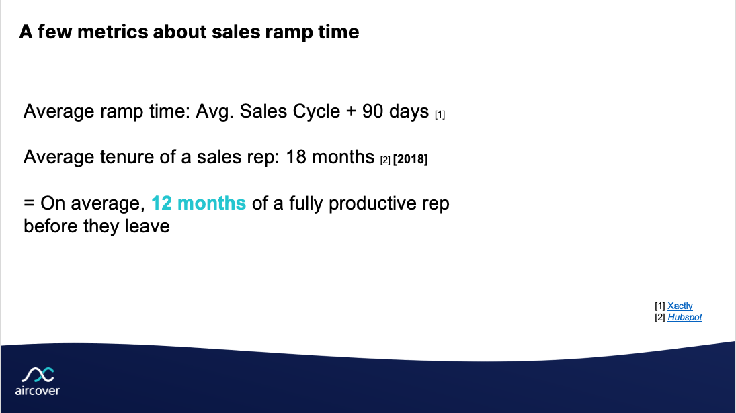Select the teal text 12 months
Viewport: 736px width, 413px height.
click(199, 203)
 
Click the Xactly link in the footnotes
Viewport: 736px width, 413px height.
click(680, 306)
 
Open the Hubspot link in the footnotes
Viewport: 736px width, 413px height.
click(684, 317)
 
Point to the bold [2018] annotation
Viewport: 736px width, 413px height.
click(410, 160)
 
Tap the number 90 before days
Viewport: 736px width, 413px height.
click(373, 111)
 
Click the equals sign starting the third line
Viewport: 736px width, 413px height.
click(30, 203)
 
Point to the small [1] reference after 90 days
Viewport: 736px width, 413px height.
click(440, 115)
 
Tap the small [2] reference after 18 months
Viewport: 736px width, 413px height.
click(385, 160)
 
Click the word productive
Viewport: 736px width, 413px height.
click(378, 203)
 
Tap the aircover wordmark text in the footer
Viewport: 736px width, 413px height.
click(37, 391)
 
